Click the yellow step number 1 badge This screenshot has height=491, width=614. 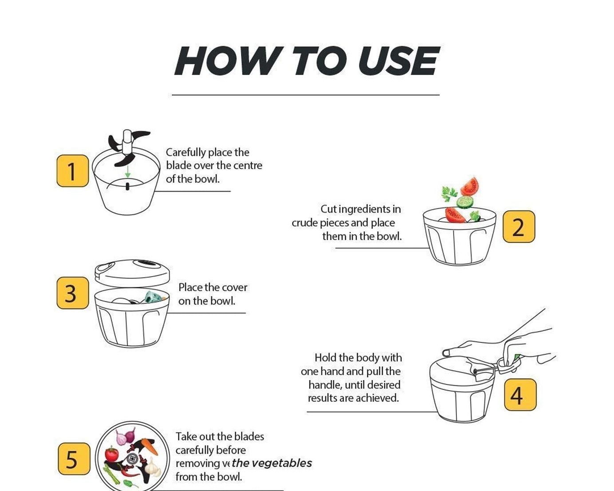pos(72,171)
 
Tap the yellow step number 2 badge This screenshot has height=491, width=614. pos(519,227)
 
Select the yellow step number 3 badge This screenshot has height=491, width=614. pos(72,293)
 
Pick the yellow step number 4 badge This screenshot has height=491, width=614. pos(520,395)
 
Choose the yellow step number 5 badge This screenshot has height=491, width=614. pos(74,459)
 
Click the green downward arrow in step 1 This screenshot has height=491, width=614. pos(128,171)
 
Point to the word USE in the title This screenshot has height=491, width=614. pos(399,61)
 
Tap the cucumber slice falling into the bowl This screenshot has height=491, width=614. pos(465,202)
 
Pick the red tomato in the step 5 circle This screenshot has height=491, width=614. pos(111,454)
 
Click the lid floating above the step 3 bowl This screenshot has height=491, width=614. pos(132,272)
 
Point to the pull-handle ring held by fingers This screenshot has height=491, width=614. pos(508,365)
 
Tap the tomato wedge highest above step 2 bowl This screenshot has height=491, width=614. pos(470,186)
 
